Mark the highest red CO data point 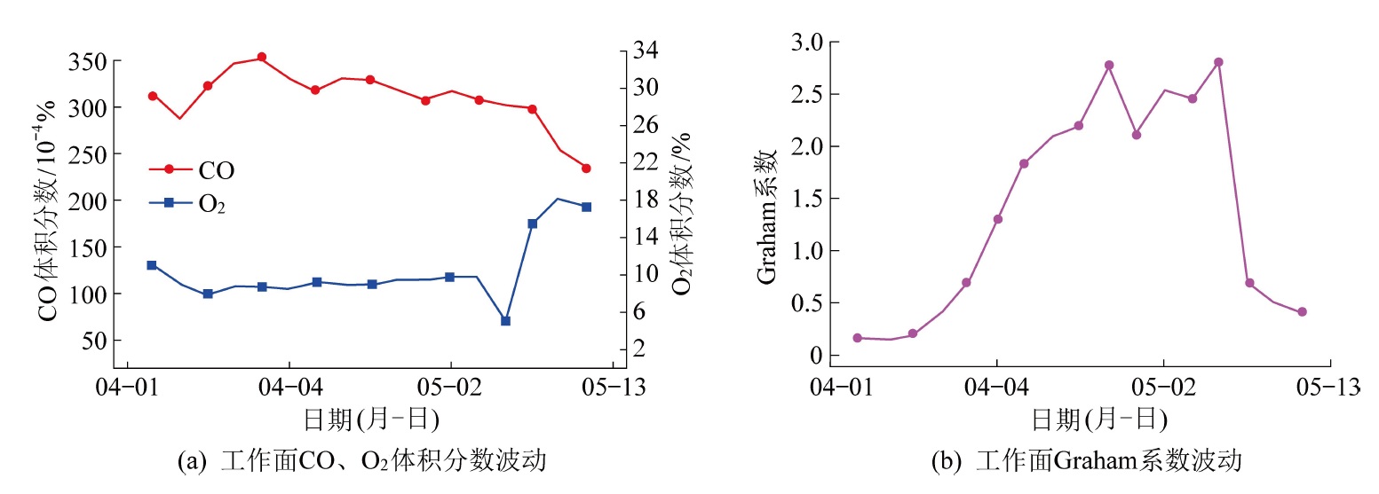262,58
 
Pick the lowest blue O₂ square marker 505,320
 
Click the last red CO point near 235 586,168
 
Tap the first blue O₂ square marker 152,265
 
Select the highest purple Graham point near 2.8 1218,62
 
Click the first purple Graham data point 857,338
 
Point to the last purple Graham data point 1302,311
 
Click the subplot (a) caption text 361,461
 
